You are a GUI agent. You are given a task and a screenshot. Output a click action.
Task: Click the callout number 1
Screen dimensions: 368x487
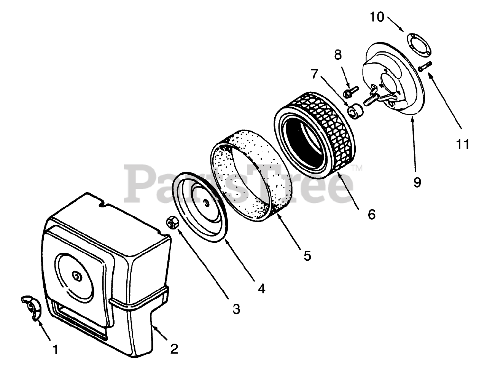click(x=56, y=349)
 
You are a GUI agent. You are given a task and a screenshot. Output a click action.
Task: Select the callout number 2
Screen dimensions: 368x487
click(x=174, y=349)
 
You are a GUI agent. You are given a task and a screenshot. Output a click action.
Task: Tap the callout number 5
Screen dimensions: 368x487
click(x=307, y=255)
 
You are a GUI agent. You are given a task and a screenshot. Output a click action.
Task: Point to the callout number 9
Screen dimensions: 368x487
click(x=417, y=182)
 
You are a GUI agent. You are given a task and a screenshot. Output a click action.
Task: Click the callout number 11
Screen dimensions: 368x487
click(x=463, y=144)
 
